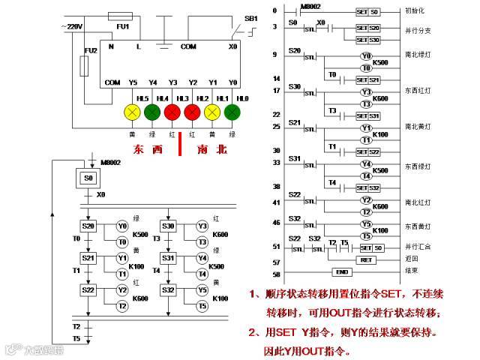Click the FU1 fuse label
(122, 26)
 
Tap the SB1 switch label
(251, 18)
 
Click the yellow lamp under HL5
(133, 112)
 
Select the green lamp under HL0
(233, 112)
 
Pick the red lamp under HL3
(172, 112)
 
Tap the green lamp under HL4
(152, 112)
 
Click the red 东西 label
(147, 149)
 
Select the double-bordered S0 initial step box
(88, 178)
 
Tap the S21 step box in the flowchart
(88, 258)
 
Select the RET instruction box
(366, 259)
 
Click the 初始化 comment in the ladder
(416, 11)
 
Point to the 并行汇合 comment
(418, 247)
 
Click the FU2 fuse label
(91, 50)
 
